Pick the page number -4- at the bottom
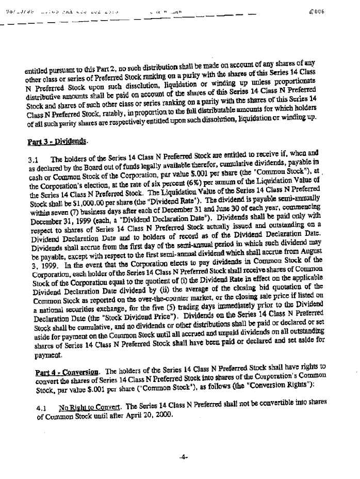183,456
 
